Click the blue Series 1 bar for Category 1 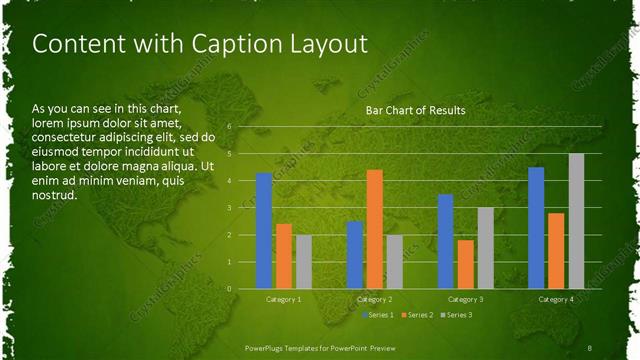[x=264, y=231]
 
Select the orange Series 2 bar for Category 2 [x=375, y=229]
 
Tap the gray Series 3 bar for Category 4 [x=576, y=221]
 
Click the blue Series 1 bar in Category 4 [x=536, y=228]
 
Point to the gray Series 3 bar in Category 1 [x=303, y=262]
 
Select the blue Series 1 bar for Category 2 [x=355, y=255]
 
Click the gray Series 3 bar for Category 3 [x=485, y=248]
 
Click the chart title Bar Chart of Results [x=414, y=110]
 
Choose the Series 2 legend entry [x=417, y=315]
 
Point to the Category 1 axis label [x=284, y=299]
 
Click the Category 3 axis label [x=465, y=299]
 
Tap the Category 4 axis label [x=556, y=299]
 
